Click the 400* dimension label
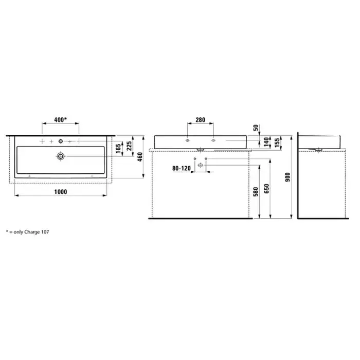(60, 120)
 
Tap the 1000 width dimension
(61, 192)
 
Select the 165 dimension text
(118, 149)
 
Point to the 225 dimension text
(129, 146)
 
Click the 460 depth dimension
(140, 157)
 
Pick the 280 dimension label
(200, 120)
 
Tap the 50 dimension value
(256, 128)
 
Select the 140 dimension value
(266, 142)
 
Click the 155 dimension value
(277, 142)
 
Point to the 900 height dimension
(287, 177)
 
